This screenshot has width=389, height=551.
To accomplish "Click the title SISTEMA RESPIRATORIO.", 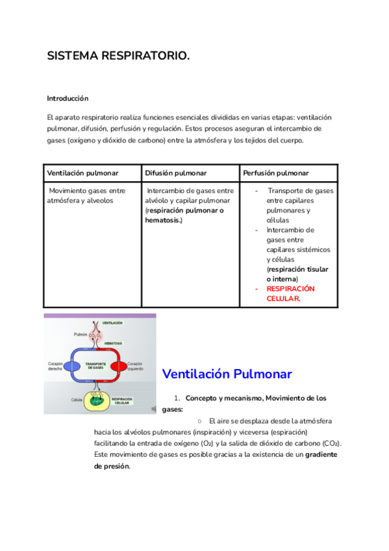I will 119,57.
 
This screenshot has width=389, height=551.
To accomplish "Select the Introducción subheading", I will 68,98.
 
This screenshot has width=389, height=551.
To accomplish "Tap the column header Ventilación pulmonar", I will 81,173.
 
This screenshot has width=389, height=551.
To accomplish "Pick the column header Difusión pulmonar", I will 176,173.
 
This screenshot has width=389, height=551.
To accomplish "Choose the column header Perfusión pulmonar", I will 275,173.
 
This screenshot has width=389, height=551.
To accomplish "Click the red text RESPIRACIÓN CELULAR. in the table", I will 290,293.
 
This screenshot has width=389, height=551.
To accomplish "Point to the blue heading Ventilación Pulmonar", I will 227,374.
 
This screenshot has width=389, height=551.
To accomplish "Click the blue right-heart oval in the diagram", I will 72,366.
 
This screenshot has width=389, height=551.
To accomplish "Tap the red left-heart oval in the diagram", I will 118,366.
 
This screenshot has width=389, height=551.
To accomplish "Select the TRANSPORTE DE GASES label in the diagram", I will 95,366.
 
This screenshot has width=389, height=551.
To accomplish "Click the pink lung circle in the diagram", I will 97,335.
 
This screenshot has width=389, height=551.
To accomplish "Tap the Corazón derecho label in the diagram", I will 55,366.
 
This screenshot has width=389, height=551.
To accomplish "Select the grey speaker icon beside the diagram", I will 153,409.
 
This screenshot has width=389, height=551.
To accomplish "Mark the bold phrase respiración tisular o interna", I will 297,274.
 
